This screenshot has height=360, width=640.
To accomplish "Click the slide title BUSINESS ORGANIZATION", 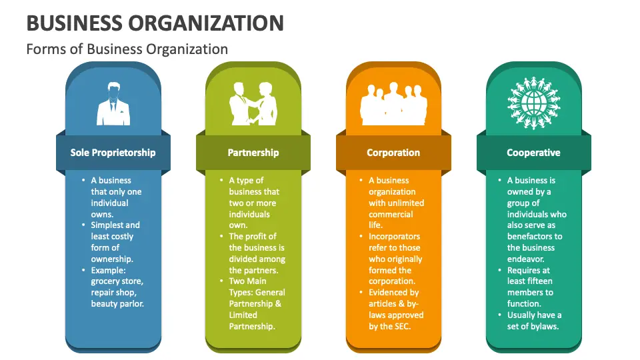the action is (x=155, y=23).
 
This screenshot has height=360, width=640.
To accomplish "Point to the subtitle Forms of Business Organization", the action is (x=127, y=49).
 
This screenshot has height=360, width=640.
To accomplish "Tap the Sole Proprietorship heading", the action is (x=113, y=153).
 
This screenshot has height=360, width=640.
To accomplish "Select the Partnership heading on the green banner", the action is (x=253, y=153).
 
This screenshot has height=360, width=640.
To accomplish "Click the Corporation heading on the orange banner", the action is (x=393, y=153).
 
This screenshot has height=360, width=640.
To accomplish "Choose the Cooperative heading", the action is (x=533, y=153).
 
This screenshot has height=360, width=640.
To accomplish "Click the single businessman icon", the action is (x=113, y=104).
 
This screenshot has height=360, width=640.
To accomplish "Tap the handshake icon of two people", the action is (x=253, y=104).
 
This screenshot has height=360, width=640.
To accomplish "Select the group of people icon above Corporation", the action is (x=393, y=104).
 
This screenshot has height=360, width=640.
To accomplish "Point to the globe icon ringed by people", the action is (x=534, y=103).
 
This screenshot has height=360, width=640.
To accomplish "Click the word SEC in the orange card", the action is (x=402, y=327).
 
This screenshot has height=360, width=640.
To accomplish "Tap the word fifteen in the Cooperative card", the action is (x=541, y=281).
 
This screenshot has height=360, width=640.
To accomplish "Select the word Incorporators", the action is (x=394, y=236).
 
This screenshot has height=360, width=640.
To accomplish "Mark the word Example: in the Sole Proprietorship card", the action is (x=108, y=270).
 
